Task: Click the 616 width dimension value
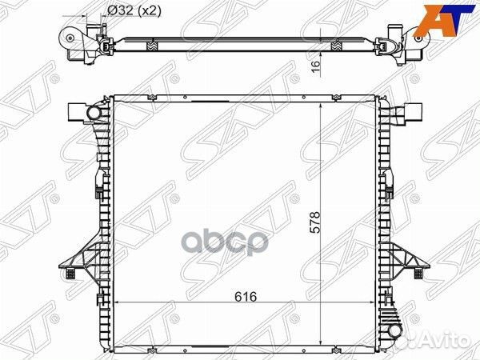pos(246,297)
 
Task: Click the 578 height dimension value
pos(315,222)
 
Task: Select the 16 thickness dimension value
pos(316,66)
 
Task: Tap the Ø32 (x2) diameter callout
pos(134,11)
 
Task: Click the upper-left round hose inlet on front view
pos(93,113)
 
